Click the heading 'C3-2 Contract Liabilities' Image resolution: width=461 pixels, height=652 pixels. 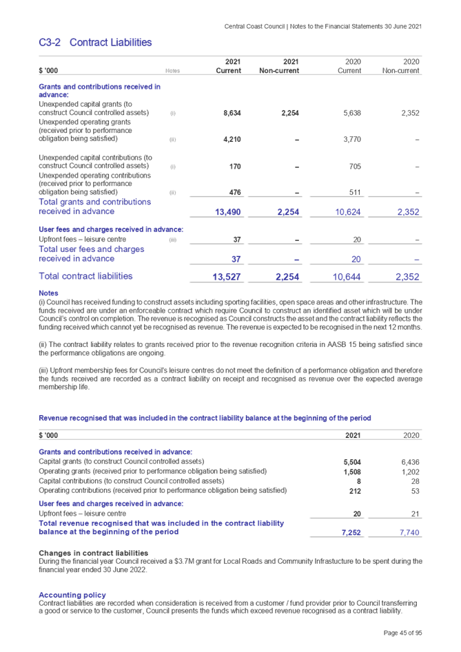tap(95, 43)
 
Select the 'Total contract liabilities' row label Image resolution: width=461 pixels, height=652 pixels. tap(86, 276)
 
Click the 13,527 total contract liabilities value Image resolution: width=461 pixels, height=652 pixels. tap(227, 277)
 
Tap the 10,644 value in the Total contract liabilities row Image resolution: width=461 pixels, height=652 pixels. tap(348, 277)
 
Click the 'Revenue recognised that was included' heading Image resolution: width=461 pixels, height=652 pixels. tap(205, 418)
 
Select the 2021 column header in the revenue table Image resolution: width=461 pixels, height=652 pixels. tap(352, 436)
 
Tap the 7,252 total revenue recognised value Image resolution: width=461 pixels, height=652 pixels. tap(351, 532)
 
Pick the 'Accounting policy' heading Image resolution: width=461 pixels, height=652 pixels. tap(72, 595)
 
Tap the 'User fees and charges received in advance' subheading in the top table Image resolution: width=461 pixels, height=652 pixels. tap(110, 229)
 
